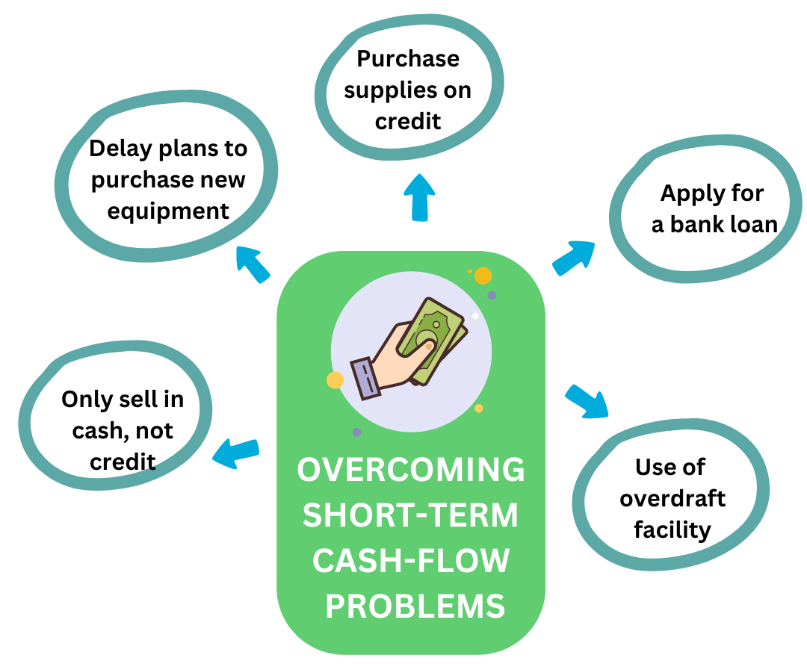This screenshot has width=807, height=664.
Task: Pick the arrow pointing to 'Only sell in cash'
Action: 236,453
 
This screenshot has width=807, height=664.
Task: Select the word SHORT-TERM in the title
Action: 411,515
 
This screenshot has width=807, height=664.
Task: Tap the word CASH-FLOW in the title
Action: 411,561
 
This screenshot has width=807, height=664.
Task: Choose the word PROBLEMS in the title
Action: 415,606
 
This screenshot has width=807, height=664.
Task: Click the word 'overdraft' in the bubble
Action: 672,498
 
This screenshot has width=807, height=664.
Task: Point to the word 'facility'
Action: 672,530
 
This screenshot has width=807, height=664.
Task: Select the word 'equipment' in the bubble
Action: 168,211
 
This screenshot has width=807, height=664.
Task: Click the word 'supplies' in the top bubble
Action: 408,90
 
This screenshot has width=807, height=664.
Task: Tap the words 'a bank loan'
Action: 715,224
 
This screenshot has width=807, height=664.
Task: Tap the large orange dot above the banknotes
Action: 483,276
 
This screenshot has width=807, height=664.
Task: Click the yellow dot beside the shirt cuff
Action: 335,379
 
